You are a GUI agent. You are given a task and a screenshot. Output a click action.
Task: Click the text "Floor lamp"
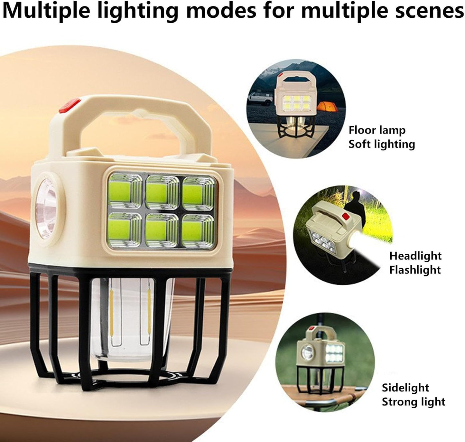click(377, 130)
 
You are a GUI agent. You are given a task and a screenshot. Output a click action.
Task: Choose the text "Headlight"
click(415, 256)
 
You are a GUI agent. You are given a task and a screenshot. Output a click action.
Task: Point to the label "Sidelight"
click(405, 388)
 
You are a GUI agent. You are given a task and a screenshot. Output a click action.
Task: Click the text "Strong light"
click(414, 402)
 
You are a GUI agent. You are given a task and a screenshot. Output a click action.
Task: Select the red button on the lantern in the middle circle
click(347, 216)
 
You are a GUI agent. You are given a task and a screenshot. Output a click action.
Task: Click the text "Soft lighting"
click(382, 144)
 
